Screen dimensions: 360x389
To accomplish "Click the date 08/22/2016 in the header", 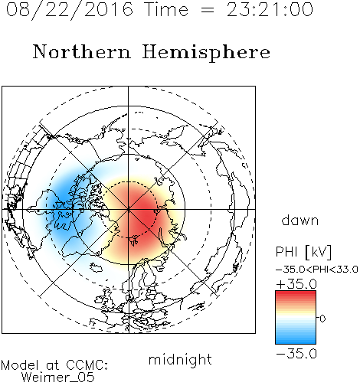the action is point(70,10).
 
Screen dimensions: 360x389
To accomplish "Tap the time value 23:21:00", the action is point(270,9).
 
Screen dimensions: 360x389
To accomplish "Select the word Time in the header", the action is point(166,9).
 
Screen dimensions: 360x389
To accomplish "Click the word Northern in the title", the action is point(82,52).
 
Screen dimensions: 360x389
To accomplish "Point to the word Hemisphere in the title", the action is point(206,53).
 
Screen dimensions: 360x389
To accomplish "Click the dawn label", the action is point(300,220).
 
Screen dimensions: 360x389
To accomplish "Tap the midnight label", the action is point(180,359).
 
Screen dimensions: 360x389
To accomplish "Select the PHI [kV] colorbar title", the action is point(303,252).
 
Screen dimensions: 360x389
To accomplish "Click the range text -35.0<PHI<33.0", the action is point(317,270).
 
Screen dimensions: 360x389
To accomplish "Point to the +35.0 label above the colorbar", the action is point(296,284).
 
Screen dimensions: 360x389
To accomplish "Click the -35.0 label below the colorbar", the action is point(296,354).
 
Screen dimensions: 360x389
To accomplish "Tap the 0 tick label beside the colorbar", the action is point(322,319).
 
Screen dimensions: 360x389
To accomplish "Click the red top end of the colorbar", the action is point(296,293).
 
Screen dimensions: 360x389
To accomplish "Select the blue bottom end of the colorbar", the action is point(296,342).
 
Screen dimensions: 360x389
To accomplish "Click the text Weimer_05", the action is point(57,378).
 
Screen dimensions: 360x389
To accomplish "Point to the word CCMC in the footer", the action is point(87,365).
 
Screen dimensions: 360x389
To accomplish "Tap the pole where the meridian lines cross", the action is point(129,209).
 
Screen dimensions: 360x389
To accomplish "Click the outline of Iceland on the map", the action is point(96,267).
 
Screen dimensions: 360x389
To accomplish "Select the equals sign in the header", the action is point(208,10).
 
